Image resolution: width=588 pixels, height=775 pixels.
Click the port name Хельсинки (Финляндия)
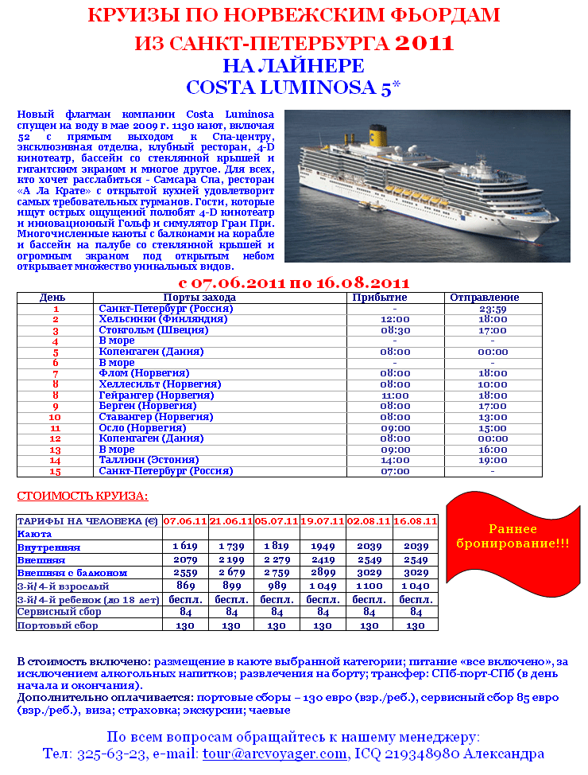pos(163,319)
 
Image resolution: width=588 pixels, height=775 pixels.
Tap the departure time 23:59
pos(493,309)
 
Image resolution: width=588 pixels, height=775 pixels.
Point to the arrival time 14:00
pos(395,460)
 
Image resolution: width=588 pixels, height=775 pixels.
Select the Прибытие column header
pos(395,298)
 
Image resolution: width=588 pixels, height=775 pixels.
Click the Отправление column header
pos(493,298)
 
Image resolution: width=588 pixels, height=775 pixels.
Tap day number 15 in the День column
pos(56,471)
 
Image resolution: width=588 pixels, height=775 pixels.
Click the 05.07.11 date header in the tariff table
pos(277,521)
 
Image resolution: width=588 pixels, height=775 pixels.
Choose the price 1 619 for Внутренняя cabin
pos(184,547)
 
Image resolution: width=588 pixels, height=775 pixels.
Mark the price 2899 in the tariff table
pos(323,573)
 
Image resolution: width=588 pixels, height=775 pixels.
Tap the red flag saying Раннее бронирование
pos(513,536)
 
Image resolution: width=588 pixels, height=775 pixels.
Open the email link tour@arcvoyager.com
pos(275,754)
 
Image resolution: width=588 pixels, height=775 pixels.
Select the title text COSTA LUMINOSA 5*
pos(293,87)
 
